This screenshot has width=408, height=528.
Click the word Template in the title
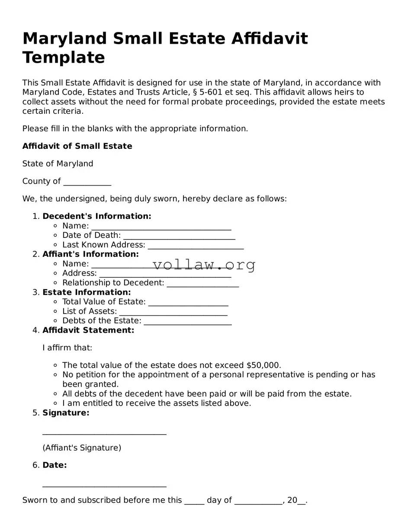(64, 58)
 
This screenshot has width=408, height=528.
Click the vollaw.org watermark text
(204, 264)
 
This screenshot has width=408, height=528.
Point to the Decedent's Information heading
(97, 216)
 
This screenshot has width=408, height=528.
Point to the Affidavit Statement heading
(88, 330)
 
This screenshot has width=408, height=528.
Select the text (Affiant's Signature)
(82, 448)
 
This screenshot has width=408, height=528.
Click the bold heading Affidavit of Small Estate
(77, 146)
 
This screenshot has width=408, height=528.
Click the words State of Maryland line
(58, 163)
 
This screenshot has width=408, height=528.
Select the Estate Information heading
(87, 292)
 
